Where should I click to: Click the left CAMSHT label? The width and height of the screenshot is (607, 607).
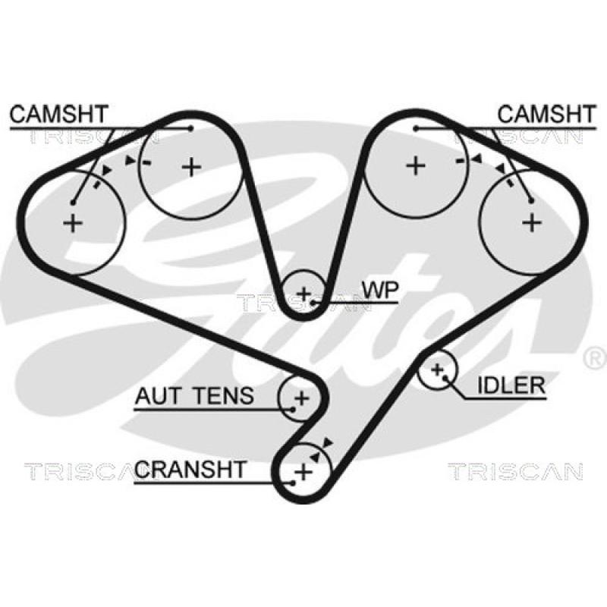(x=59, y=115)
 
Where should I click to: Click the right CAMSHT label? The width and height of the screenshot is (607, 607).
(x=546, y=115)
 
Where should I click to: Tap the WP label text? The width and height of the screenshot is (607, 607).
(x=380, y=291)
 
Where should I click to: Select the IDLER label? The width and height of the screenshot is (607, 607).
(x=511, y=385)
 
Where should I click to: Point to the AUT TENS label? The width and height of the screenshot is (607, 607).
(x=195, y=395)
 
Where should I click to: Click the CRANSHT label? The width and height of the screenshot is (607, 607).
(x=190, y=469)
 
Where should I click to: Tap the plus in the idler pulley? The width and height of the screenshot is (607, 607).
(x=437, y=370)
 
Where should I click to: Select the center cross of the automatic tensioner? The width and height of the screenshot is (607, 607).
(x=302, y=397)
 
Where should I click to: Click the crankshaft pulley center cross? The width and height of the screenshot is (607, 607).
(x=303, y=471)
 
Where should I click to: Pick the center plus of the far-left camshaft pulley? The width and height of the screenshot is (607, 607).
(x=73, y=223)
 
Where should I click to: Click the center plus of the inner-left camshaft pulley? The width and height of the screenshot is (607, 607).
(x=191, y=165)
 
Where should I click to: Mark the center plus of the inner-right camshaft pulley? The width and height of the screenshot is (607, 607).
(x=415, y=165)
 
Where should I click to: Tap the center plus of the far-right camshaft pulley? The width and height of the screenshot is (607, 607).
(x=533, y=222)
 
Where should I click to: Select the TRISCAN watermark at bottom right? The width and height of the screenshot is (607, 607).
(x=515, y=471)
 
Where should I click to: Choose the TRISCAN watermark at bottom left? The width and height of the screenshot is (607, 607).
(x=76, y=471)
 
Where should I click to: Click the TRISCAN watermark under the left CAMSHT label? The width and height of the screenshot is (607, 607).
(x=91, y=137)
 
